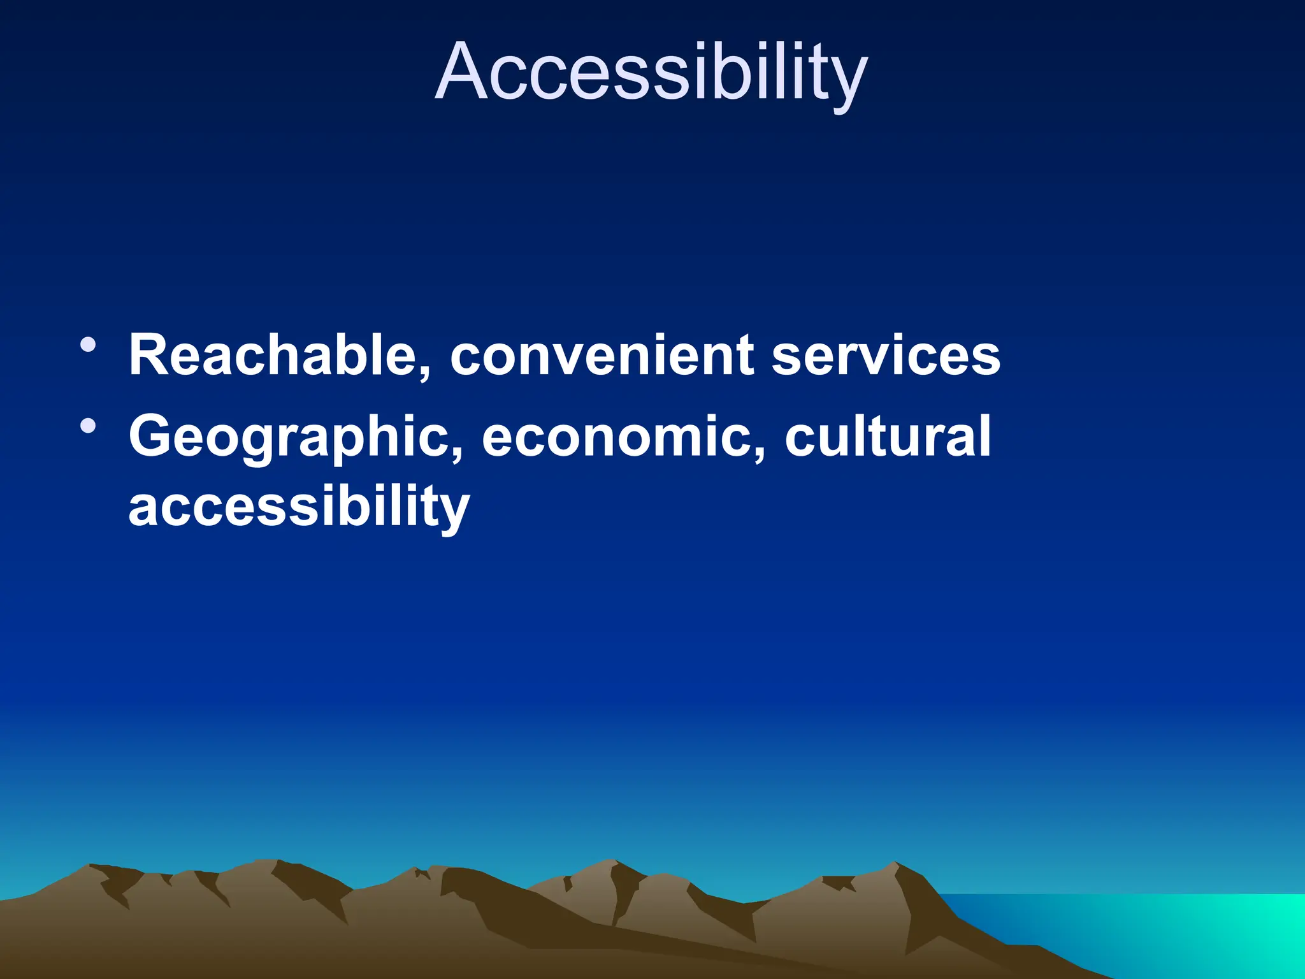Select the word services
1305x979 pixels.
pos(886,355)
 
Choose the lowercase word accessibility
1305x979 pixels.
pos(299,507)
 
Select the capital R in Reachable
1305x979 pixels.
pos(150,355)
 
